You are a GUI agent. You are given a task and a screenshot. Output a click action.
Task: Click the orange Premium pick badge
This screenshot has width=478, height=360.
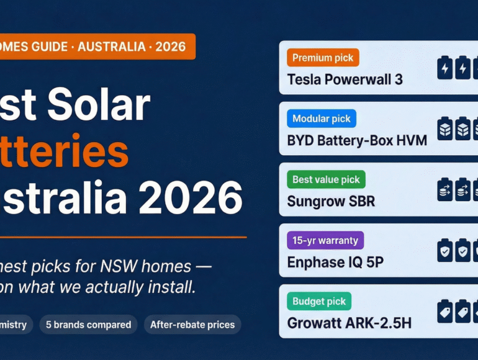pos(323,58)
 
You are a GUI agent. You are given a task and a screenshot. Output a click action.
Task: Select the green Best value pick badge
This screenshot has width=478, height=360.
pos(326,179)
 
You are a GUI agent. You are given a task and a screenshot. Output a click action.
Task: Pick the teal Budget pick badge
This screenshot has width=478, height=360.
pos(319,301)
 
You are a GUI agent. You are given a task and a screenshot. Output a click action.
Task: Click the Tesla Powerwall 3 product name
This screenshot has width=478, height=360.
pos(345,79)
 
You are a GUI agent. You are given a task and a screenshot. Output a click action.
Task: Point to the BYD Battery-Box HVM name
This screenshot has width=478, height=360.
pos(357,140)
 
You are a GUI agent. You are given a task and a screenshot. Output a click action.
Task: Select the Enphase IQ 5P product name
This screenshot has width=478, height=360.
pos(335,262)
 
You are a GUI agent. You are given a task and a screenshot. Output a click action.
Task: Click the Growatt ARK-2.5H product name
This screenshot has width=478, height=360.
pos(349,323)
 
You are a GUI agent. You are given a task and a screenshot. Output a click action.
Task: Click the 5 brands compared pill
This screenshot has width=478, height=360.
pos(88,325)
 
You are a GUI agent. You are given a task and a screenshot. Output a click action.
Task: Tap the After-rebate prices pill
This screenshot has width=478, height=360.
pos(192,325)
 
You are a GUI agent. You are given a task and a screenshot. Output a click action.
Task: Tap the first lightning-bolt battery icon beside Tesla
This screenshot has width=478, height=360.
pos(444,68)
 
